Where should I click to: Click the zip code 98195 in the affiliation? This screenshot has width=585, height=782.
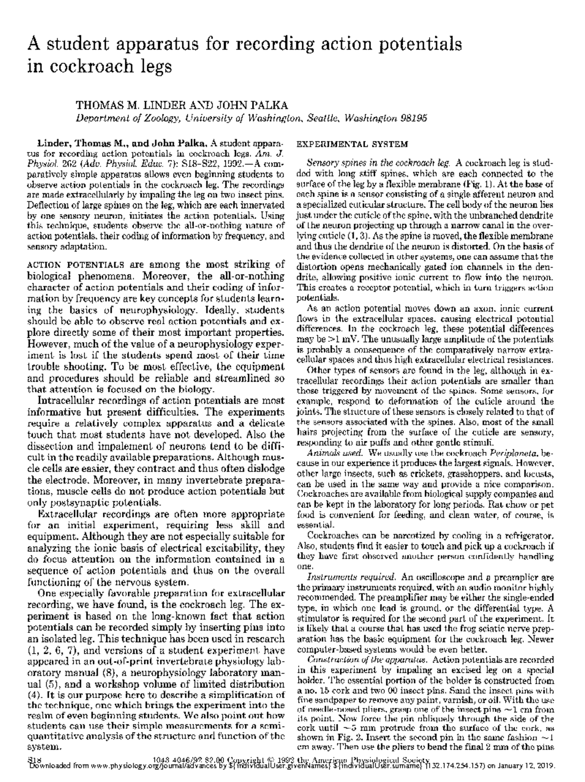[413, 118]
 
